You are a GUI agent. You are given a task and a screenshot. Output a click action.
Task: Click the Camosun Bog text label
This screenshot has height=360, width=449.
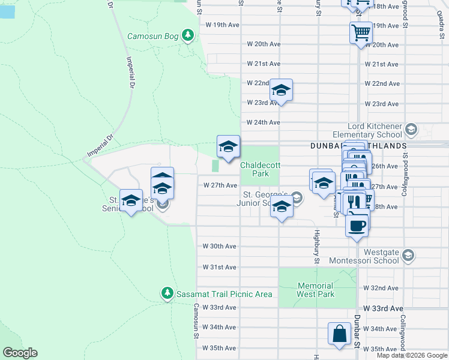tap(152, 36)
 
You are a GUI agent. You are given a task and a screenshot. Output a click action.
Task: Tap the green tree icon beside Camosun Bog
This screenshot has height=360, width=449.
tap(188, 35)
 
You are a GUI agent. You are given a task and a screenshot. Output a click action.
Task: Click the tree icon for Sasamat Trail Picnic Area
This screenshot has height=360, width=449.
tap(167, 293)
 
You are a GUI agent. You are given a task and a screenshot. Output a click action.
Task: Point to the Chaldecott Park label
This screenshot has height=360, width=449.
tap(259, 169)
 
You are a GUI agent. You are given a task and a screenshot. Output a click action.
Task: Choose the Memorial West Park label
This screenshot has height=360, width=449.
tap(316, 290)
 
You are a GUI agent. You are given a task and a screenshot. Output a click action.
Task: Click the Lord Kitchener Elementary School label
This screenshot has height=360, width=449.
tap(366, 131)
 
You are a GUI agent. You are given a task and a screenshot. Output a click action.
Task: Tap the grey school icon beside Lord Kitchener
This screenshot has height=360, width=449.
tap(411, 130)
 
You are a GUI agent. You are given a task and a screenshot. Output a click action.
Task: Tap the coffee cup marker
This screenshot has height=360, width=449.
tap(357, 226)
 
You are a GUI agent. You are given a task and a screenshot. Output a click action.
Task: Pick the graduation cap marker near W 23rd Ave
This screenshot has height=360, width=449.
tap(281, 91)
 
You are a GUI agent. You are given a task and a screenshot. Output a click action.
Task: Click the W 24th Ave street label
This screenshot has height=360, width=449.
tap(262, 122)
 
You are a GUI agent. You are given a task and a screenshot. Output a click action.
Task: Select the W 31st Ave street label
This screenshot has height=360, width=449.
tap(219, 267)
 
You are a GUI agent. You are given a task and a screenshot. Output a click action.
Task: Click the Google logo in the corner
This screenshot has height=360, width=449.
tap(20, 353)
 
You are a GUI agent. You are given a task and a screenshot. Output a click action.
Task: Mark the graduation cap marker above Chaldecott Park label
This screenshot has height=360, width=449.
tap(228, 146)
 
